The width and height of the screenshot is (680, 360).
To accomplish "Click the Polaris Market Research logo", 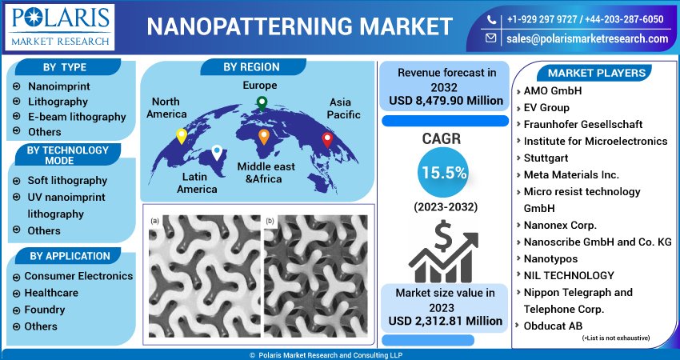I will click(x=59, y=26).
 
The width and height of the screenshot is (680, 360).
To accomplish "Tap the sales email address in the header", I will click(x=587, y=38).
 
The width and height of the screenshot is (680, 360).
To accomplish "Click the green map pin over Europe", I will click(x=261, y=103).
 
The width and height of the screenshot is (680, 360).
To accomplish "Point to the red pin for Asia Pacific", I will click(x=326, y=140).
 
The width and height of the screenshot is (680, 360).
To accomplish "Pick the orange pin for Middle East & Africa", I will click(x=264, y=138).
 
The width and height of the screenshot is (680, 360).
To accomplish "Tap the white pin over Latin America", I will click(x=216, y=151).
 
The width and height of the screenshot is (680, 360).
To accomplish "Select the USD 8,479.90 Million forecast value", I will click(x=445, y=102).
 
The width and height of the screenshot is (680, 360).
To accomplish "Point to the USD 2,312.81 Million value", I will click(x=445, y=321).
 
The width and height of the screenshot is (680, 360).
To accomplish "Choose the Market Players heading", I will click(x=597, y=73).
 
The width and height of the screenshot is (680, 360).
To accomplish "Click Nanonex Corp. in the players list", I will click(x=560, y=225).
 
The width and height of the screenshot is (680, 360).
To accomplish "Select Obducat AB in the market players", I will click(x=553, y=326).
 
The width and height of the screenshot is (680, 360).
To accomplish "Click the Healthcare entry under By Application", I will click(x=51, y=293).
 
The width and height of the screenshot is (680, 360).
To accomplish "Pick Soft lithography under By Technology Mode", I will click(x=67, y=180).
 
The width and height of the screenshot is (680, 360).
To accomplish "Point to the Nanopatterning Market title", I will click(x=299, y=26).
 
